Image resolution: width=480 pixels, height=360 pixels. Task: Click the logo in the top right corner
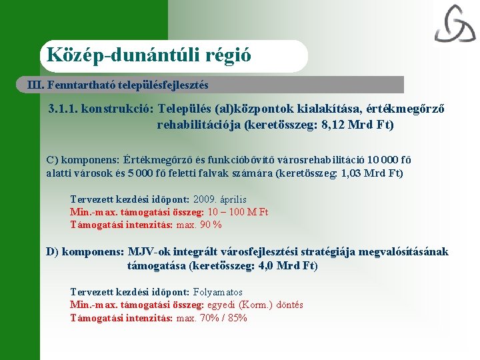[455, 24]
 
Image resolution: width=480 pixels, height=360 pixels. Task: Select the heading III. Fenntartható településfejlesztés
[118, 85]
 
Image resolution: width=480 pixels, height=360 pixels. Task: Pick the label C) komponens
[83, 160]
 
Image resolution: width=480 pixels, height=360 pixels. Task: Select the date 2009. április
[220, 199]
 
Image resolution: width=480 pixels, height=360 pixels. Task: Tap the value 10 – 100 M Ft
[238, 212]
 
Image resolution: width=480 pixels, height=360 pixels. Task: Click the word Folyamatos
[218, 292]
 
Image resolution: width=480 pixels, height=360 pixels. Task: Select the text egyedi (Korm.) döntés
[255, 305]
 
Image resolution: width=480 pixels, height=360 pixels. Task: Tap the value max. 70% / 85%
[212, 318]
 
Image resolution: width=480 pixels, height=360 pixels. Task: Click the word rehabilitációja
[198, 125]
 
